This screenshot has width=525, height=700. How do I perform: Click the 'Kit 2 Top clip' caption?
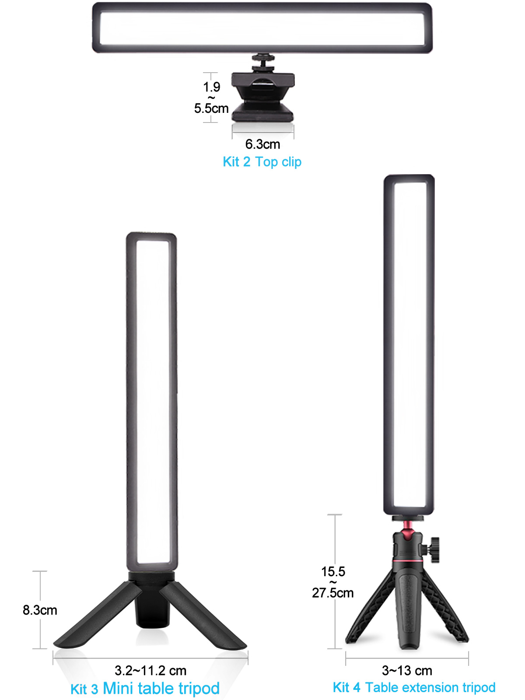point(262,162)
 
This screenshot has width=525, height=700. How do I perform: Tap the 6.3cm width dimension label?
point(262,144)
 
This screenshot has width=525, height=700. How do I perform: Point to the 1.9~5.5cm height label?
point(211,98)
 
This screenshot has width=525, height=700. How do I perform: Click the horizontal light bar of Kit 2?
point(262,28)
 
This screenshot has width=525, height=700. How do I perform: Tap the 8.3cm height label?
point(40,610)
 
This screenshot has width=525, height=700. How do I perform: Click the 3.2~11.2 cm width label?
point(150,671)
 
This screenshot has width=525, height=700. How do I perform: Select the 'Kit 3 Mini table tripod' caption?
point(145,688)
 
